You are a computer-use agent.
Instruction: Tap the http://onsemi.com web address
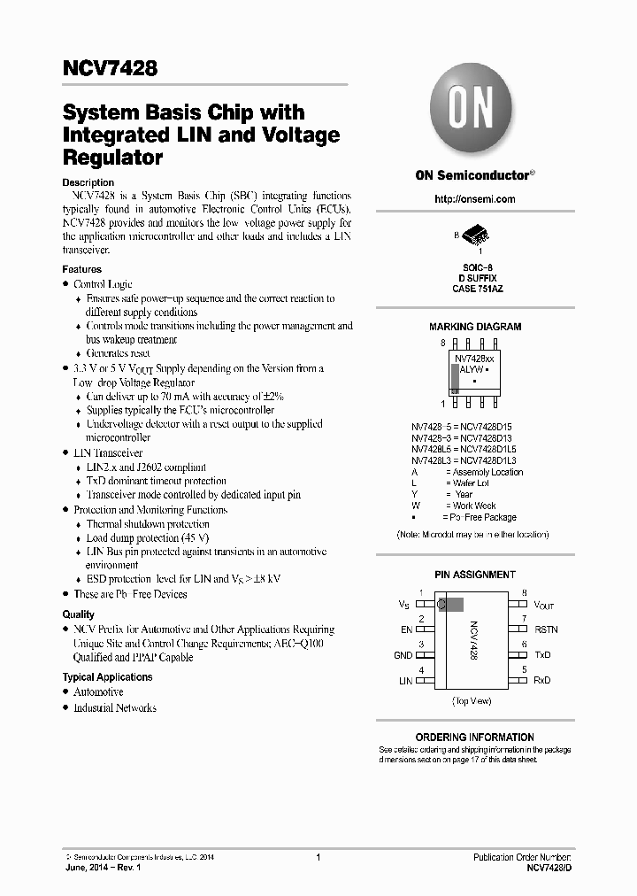click(x=475, y=200)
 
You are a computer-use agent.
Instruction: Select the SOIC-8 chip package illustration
click(x=475, y=238)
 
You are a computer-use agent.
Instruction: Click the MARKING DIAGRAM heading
click(x=475, y=327)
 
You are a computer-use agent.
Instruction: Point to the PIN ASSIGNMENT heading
click(x=475, y=575)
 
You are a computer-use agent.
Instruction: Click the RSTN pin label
click(x=546, y=630)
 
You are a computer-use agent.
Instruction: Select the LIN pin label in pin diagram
click(x=405, y=681)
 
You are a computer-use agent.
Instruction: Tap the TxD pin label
click(x=542, y=655)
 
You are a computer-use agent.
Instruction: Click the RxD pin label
click(x=542, y=681)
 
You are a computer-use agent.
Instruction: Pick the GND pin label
click(x=403, y=655)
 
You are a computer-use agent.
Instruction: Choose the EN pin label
click(x=406, y=630)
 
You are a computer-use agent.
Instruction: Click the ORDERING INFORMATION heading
click(x=475, y=737)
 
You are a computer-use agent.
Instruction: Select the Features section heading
click(x=81, y=269)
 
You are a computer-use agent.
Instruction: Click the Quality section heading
click(x=78, y=614)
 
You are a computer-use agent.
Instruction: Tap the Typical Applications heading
click(x=107, y=677)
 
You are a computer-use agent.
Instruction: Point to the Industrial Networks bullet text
click(x=115, y=708)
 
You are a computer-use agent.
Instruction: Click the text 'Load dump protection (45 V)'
click(x=148, y=537)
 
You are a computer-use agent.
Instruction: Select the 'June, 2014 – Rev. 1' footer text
click(x=104, y=869)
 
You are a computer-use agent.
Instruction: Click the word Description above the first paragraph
click(x=88, y=182)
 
